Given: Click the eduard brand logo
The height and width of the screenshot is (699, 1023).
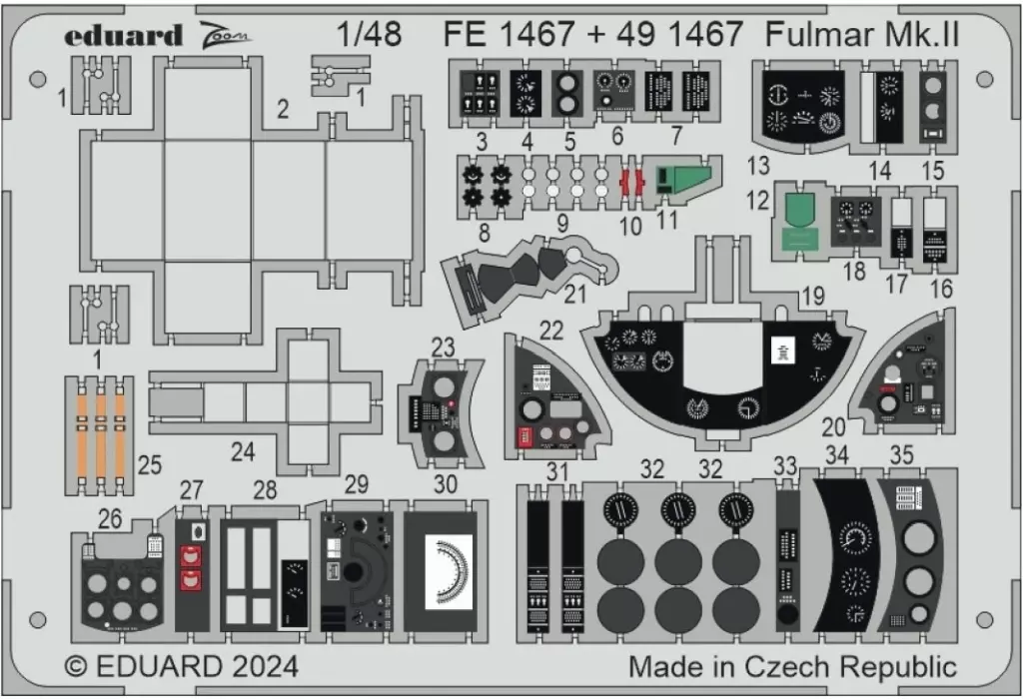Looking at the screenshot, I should (x=124, y=36).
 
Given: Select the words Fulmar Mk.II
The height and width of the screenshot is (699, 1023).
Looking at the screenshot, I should (x=862, y=35).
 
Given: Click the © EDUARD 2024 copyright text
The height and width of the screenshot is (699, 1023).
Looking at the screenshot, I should (x=181, y=666).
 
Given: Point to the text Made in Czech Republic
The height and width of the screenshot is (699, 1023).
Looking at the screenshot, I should (x=792, y=666).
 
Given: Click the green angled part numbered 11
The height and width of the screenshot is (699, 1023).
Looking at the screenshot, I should (x=684, y=179).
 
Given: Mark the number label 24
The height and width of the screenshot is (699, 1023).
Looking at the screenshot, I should (x=243, y=452).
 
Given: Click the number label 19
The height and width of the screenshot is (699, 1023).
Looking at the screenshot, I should (x=812, y=296).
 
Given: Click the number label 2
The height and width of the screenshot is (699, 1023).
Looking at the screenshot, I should (x=283, y=110).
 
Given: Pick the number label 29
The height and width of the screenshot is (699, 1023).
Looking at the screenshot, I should (x=356, y=485).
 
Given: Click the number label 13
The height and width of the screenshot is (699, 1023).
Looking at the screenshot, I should (x=758, y=164).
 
